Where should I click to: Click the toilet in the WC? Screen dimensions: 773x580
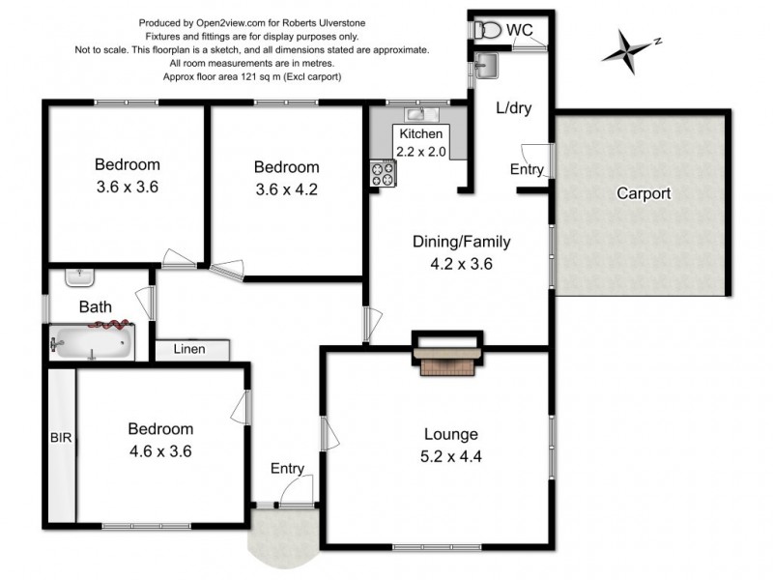tap(487, 30)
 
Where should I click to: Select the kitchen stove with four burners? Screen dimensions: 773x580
tap(384, 174)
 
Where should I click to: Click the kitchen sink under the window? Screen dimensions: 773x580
tap(420, 114)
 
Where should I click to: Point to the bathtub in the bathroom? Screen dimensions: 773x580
tap(92, 342)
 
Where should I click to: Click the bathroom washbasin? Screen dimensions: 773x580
tap(79, 277)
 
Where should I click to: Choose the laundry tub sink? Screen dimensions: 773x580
tap(486, 66)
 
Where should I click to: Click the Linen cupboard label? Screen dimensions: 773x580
tap(189, 349)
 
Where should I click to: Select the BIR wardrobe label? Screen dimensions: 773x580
tap(61, 438)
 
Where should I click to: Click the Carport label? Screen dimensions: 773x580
tap(644, 193)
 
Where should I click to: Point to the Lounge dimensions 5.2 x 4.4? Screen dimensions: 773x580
tap(450, 456)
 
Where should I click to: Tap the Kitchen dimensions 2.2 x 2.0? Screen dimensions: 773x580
tap(420, 152)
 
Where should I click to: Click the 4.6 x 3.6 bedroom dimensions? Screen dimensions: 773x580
tap(160, 451)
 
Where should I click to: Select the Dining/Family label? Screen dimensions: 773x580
tap(462, 242)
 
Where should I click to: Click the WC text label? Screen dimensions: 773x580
tap(520, 30)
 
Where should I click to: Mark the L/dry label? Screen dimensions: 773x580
tap(514, 108)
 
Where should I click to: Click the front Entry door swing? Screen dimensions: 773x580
tap(298, 490)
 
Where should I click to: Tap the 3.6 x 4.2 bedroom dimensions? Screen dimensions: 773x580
tap(286, 189)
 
